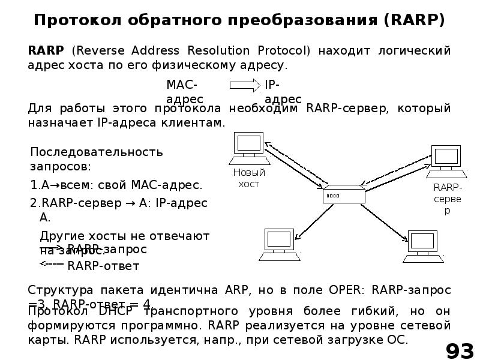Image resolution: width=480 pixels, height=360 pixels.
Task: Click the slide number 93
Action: [x=459, y=350]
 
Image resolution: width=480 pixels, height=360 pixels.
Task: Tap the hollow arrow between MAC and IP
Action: [x=245, y=85]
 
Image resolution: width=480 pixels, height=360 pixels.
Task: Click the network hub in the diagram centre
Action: [x=344, y=195]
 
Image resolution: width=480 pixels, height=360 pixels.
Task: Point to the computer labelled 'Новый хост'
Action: [x=248, y=148]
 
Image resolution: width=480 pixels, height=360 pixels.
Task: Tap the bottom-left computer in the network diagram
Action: [x=280, y=245]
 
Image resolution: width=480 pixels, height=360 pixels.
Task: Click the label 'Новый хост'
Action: [x=248, y=178]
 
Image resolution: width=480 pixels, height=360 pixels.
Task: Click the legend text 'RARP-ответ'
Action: [x=103, y=266]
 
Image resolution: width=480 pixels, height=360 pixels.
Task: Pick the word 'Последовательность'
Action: [x=97, y=152]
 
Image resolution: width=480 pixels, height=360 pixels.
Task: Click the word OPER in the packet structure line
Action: [x=347, y=290]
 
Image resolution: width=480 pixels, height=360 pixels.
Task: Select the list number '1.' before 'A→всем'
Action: [x=35, y=185]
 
